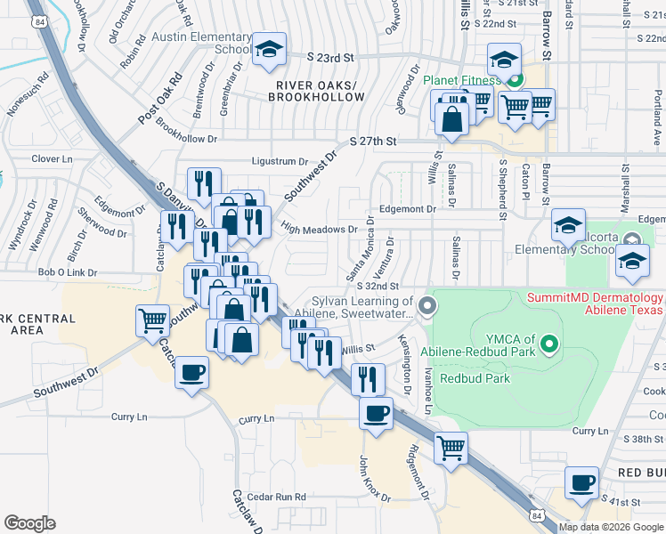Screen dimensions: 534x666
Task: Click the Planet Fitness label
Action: tap(462, 80)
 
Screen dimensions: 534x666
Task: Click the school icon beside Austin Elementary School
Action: tap(267, 52)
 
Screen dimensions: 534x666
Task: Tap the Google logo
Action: tap(29, 523)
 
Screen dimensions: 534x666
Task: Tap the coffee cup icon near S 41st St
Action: tap(582, 483)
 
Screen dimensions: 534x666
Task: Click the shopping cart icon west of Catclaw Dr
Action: tap(152, 320)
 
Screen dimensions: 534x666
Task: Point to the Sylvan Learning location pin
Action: tap(428, 306)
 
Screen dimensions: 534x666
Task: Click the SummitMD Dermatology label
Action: tap(596, 303)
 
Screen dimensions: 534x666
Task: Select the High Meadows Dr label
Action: tap(318, 230)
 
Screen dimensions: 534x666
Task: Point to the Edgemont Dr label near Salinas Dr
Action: tap(407, 209)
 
